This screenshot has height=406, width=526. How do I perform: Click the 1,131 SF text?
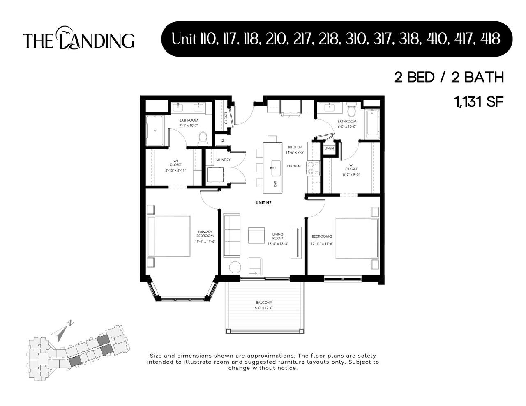[x=478, y=101]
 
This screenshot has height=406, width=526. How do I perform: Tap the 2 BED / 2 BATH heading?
[x=449, y=78]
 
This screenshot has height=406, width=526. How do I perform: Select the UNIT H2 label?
[x=263, y=203]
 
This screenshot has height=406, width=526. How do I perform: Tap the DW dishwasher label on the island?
[x=275, y=184]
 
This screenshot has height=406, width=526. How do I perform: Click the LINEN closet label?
[x=329, y=148]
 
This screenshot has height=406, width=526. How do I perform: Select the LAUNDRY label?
[x=223, y=160]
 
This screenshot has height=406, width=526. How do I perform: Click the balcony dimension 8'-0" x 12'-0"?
[x=264, y=308]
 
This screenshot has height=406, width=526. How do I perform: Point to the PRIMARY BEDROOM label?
[x=205, y=234]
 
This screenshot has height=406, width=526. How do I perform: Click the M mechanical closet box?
[x=223, y=140]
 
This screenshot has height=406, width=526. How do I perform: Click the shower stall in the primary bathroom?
[x=155, y=131]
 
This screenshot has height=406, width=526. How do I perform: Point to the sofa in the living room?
[x=231, y=235]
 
